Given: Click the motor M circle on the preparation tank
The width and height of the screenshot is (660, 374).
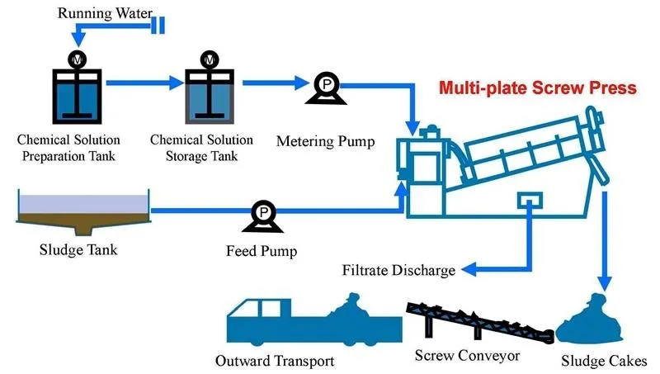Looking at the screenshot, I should coord(77,59).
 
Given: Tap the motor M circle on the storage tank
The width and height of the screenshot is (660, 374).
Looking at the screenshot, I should coord(210,59).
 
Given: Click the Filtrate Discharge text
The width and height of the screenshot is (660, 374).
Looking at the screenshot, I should coord(398,270).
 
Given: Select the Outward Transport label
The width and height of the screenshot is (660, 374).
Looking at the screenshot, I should coord(275,361).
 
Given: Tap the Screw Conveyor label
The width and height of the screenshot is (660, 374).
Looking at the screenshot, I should coord(466,356).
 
